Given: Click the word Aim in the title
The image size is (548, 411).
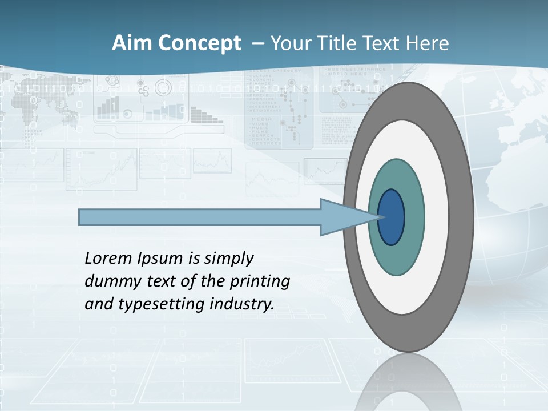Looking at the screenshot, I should click(128, 43).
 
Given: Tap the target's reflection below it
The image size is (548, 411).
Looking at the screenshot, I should click(408, 382).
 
